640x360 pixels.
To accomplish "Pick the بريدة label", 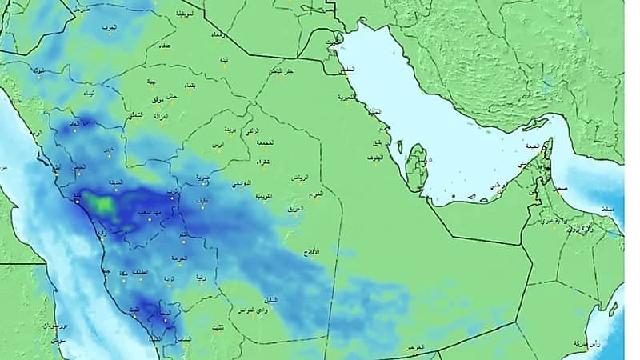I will click(x=229, y=130).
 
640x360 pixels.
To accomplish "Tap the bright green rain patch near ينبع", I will click(x=103, y=204).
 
